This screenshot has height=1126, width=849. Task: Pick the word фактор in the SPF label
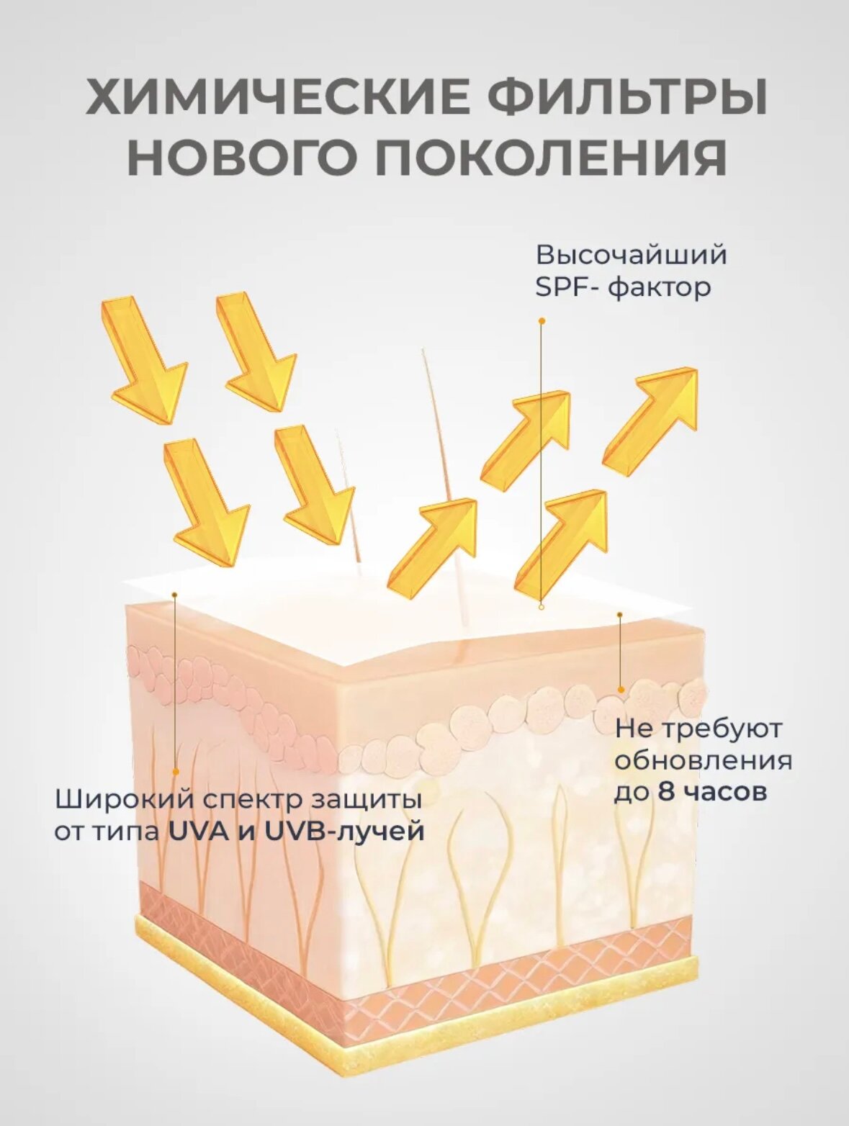[x=660, y=288]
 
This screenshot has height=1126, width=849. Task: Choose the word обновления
[x=703, y=761]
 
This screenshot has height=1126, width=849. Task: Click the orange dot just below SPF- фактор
[x=542, y=321]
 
